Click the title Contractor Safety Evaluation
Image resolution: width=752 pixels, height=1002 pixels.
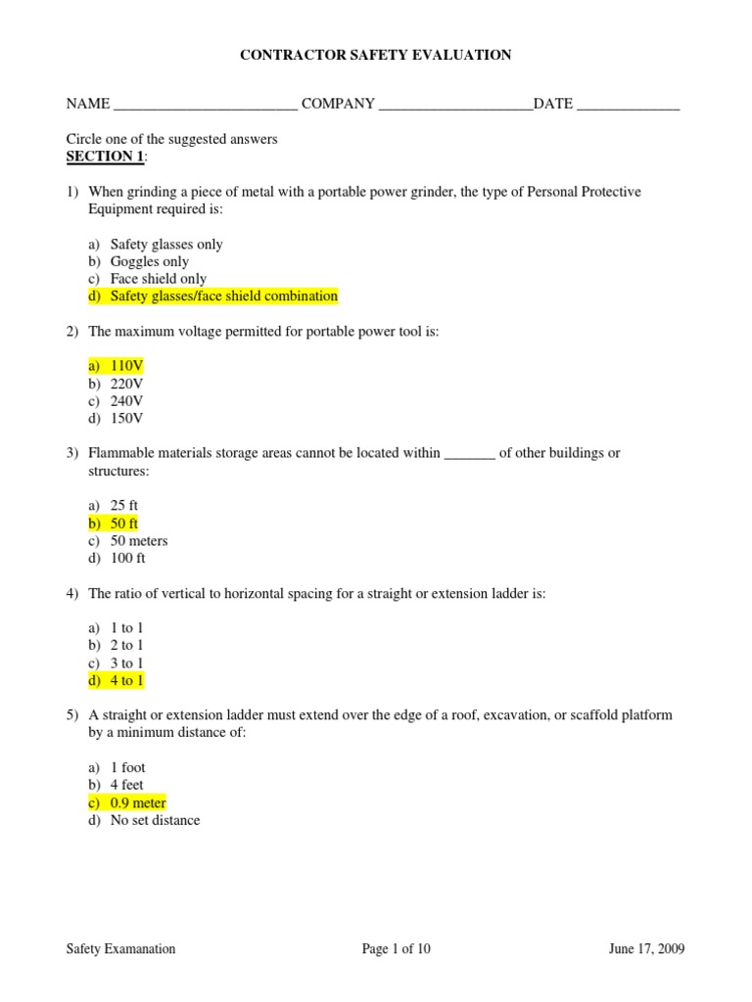click(376, 56)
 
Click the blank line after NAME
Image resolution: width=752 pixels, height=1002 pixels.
click(206, 105)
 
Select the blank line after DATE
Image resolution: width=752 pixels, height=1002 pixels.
click(628, 105)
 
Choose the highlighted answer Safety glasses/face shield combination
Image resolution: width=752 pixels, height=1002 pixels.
click(223, 296)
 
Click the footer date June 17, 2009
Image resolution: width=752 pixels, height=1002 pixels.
click(646, 948)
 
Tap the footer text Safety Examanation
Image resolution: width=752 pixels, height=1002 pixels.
click(120, 948)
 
